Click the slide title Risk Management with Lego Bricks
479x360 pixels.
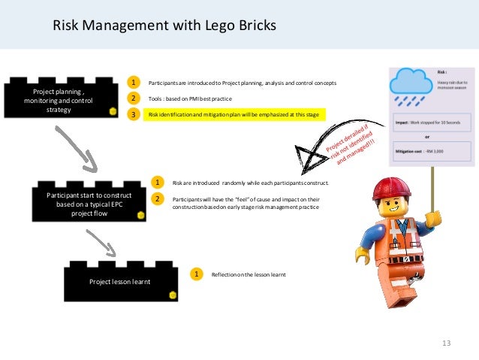(164, 26)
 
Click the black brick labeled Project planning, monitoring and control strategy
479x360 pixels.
(59, 99)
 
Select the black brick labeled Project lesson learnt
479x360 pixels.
(120, 281)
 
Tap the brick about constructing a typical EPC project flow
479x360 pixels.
(89, 202)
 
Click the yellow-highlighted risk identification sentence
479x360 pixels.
(233, 114)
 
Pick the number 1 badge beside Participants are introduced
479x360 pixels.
(134, 82)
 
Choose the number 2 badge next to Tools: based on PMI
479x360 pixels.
(134, 98)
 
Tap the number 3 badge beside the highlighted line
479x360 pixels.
(134, 114)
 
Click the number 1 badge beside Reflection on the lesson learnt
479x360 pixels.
(197, 274)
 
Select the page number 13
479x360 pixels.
(447, 343)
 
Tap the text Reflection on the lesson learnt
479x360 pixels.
(249, 274)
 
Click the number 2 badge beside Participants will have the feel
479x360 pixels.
(158, 198)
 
